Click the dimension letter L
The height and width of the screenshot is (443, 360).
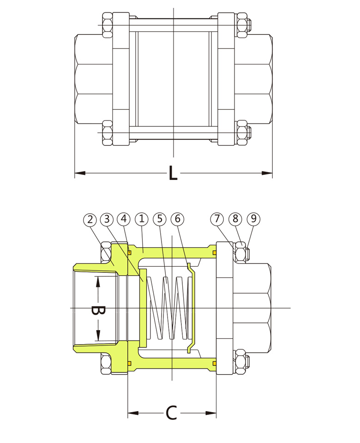pos(173,173)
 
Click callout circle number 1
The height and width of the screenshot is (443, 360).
pos(142,218)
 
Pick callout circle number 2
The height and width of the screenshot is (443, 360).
pos(90,219)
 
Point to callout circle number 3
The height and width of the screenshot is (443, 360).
pos(107,219)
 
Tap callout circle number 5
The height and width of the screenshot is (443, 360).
pos(160,218)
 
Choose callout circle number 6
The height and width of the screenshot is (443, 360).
pos(177,218)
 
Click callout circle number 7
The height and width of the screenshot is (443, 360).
pos(217,219)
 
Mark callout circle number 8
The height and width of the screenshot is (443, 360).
pos(234,219)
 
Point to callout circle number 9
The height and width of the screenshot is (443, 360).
pos(252,219)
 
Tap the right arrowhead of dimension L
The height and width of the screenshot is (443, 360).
pos(267,173)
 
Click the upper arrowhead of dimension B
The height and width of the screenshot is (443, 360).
pos(98,282)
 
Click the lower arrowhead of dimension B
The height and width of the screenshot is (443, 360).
pos(98,335)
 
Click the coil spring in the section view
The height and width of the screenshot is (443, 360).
pos(168,308)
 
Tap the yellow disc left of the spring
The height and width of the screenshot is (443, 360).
pos(143,308)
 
